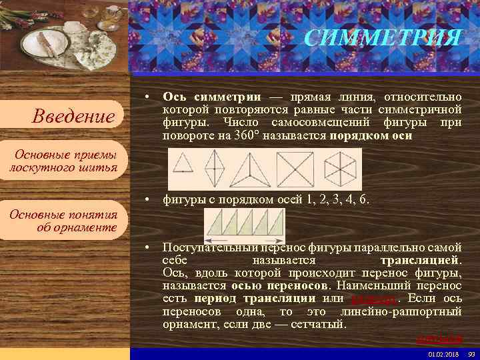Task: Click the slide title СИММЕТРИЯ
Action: coord(382,37)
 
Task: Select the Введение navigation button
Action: coord(74,117)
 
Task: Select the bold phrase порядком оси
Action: coord(371,135)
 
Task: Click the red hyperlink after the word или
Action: coord(371,299)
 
